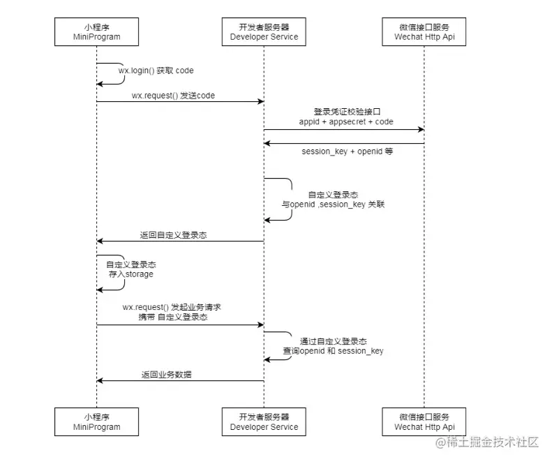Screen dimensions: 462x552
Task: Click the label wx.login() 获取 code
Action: [156, 70]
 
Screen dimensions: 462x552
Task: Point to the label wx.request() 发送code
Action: [173, 95]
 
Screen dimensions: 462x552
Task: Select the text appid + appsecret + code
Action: [346, 121]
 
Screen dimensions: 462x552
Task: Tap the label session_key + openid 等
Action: [347, 151]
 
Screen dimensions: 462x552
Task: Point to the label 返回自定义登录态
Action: [173, 235]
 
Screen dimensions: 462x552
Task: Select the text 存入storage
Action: [130, 274]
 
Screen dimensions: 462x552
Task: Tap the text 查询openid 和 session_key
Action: [333, 350]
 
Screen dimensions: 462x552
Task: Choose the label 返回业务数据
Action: [167, 375]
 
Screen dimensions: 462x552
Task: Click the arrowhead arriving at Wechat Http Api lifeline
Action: [420, 129]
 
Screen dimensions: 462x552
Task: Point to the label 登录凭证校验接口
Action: [346, 112]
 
